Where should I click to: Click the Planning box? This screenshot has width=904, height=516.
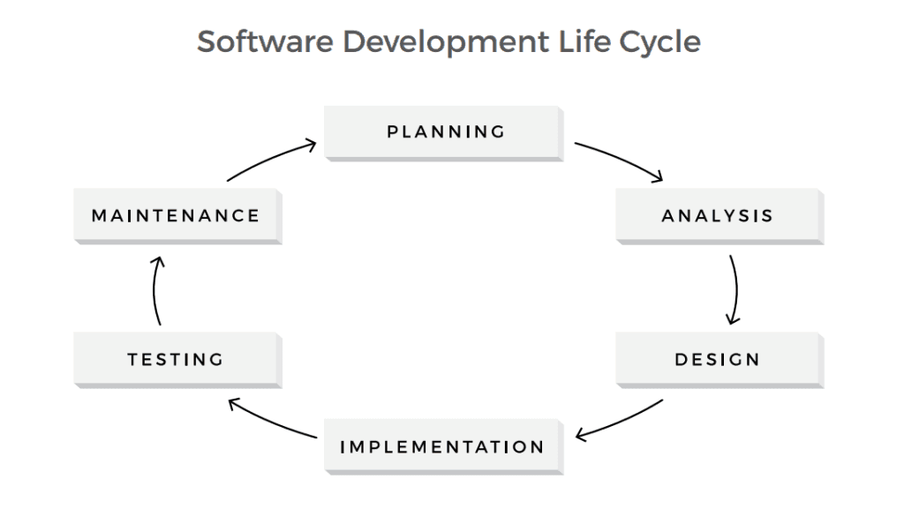(444, 132)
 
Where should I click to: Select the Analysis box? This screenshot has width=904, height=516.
(718, 215)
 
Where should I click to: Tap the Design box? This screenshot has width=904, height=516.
(718, 359)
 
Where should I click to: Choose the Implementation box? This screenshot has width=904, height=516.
(442, 446)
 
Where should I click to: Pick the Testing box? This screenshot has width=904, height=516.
(176, 359)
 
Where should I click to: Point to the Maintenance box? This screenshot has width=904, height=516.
(176, 215)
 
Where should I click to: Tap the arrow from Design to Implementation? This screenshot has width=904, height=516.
(620, 421)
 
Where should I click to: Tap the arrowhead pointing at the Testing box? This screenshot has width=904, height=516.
(233, 404)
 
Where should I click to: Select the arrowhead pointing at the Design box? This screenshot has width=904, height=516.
(733, 318)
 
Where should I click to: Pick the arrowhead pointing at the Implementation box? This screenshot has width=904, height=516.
(580, 435)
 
